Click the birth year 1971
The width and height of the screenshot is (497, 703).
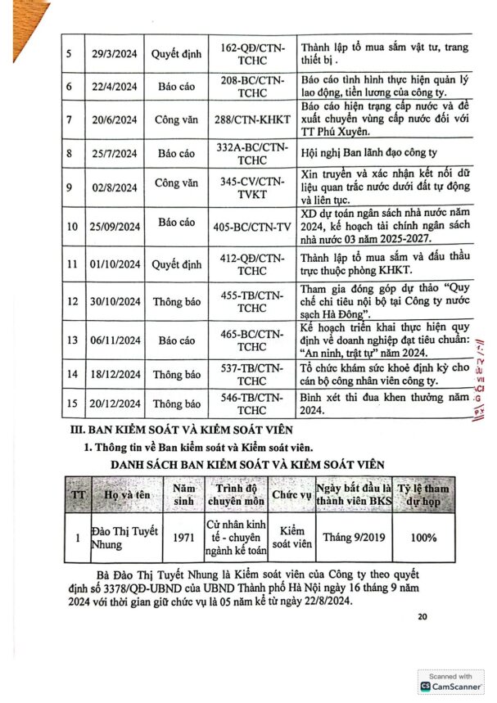[x=184, y=539]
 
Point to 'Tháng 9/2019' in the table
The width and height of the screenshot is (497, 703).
[x=350, y=538]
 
